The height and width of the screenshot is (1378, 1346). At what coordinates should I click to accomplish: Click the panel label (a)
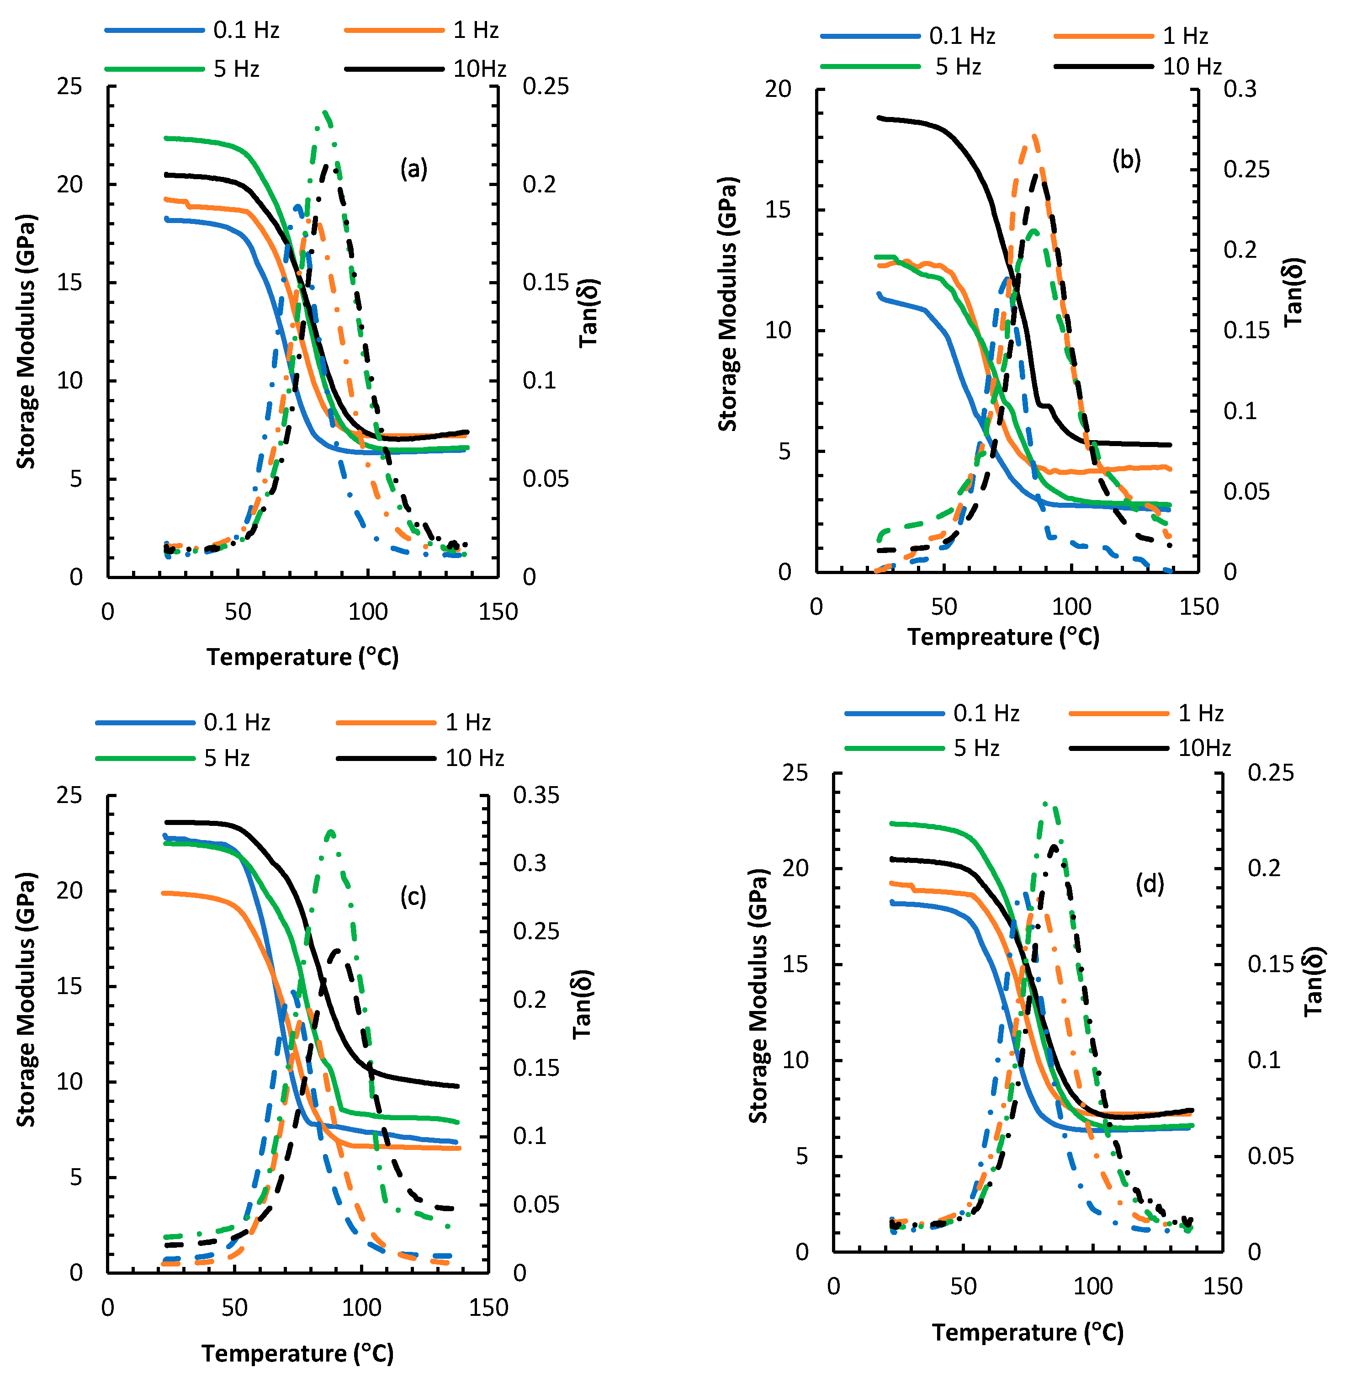coord(413,169)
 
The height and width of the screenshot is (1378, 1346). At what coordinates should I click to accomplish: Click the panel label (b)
coord(1126,160)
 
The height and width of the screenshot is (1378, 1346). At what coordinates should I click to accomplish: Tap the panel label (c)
coord(413,897)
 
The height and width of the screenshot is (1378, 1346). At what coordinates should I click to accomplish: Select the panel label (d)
coord(1150,884)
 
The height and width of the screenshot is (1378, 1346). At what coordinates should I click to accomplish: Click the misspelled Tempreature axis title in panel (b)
coord(1003,637)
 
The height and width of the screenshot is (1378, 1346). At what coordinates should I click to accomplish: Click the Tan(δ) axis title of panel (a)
coord(589,313)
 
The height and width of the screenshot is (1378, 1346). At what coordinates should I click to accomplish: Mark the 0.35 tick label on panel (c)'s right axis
coord(536,795)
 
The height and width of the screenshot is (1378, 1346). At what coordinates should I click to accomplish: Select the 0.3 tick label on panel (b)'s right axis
coord(1240,89)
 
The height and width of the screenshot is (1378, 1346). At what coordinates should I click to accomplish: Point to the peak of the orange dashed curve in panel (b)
coord(1033,136)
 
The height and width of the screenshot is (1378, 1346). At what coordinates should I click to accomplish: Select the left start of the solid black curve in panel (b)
coord(879,117)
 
